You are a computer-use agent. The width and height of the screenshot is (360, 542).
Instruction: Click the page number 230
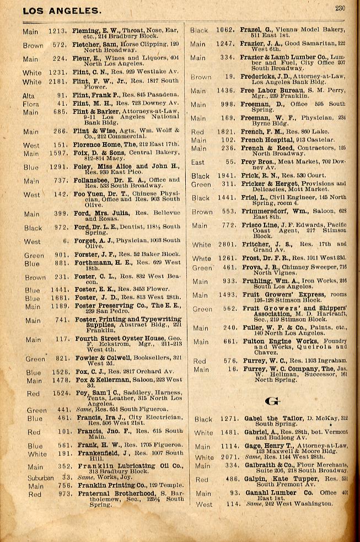coord(340,8)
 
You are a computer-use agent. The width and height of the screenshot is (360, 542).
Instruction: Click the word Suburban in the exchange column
coord(42,477)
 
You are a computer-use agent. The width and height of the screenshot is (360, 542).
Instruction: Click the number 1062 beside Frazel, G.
coord(224,30)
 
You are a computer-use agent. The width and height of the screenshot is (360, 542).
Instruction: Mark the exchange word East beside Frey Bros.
coord(197,162)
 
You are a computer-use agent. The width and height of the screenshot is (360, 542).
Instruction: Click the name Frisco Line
coord(259,225)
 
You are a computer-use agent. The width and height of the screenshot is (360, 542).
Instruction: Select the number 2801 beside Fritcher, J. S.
coord(224,244)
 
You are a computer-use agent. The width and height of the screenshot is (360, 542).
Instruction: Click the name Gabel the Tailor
coord(268,418)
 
